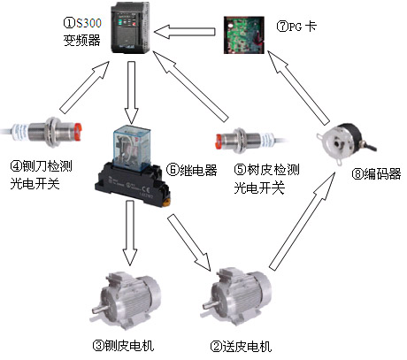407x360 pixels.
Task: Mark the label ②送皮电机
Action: (x=238, y=344)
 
